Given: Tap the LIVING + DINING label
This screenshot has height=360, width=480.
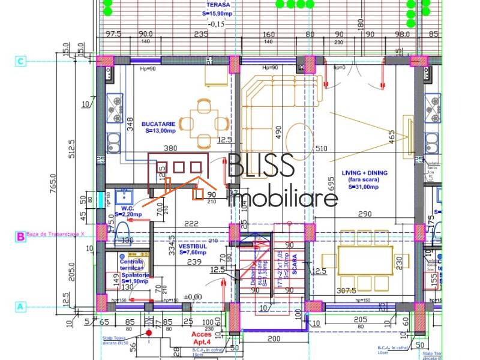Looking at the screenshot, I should [x=365, y=173].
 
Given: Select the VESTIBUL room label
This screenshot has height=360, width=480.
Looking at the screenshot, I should [x=192, y=246].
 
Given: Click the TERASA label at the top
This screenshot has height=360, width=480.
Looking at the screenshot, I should [x=214, y=4].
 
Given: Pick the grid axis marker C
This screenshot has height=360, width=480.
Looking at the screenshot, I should [x=21, y=61].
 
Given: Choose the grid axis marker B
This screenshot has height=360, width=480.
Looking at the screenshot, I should [x=21, y=236].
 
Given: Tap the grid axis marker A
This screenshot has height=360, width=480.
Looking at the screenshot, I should [x=21, y=306].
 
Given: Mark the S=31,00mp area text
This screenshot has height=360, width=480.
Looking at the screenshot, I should [x=365, y=187].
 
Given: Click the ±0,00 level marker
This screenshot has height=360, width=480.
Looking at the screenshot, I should [x=192, y=296].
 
